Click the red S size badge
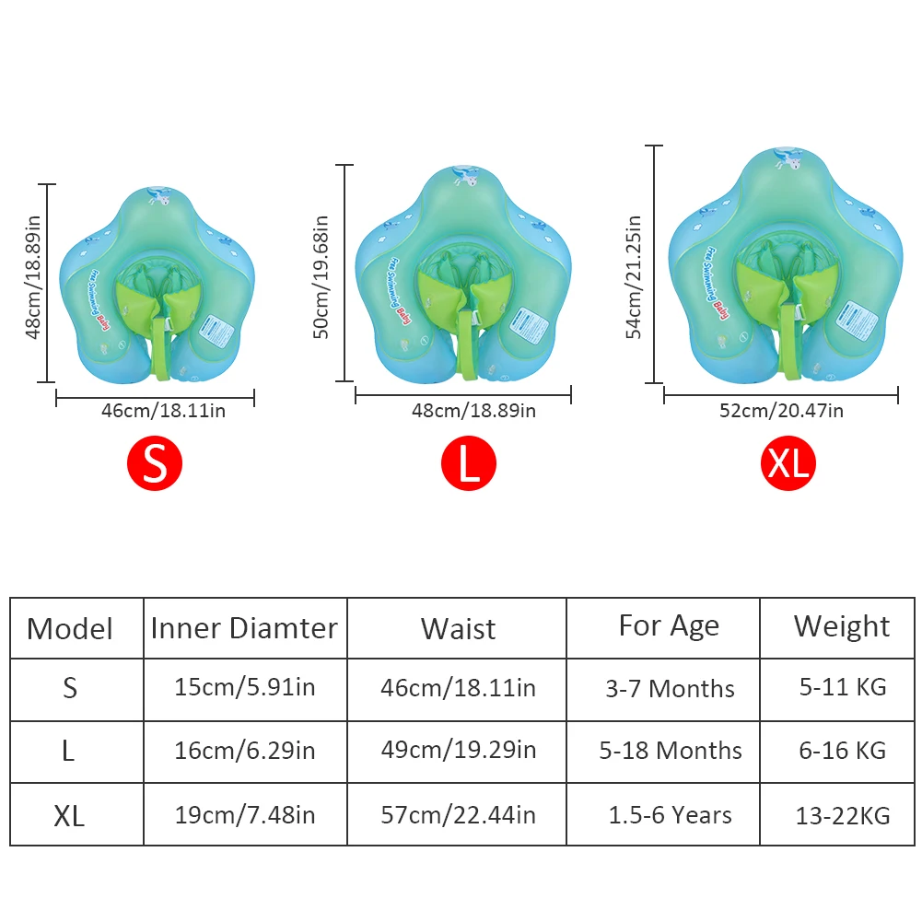155,463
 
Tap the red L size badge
468,464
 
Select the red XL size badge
788,463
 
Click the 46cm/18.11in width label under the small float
163,411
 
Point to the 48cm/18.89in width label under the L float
473,411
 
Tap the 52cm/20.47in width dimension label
781,411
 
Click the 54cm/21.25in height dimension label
634,277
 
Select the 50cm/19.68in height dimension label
321,277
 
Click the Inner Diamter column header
244,628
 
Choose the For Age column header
669,626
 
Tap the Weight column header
842,626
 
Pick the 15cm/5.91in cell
244,688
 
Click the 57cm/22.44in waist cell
458,814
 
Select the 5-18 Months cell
671,751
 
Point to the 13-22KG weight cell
843,815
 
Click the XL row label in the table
69,815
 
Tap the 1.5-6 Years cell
671,815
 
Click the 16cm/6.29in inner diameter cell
244,751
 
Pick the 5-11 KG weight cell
843,687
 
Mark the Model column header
70,629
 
